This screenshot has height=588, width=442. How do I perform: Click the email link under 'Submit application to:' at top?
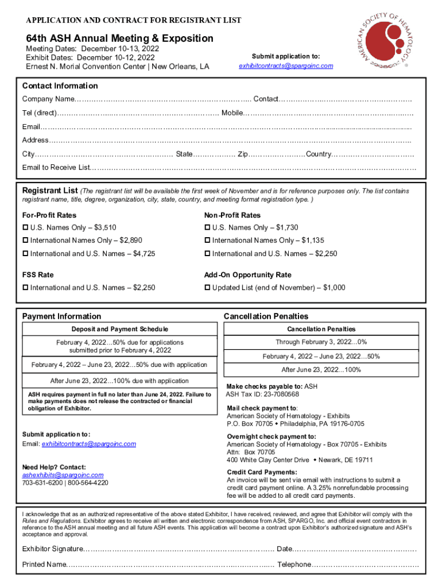click(x=285, y=66)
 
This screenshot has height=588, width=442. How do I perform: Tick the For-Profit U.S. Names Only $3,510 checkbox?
click(x=25, y=228)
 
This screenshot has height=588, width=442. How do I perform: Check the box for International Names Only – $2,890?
click(x=25, y=241)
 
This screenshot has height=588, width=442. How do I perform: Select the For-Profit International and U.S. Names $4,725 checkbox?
click(x=25, y=254)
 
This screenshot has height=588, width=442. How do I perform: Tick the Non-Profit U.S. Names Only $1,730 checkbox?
click(x=207, y=228)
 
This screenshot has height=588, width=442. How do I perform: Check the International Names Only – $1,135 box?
click(x=207, y=241)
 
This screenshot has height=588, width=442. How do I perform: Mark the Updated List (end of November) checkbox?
click(x=207, y=288)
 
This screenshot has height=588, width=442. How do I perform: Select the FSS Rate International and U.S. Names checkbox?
click(x=25, y=288)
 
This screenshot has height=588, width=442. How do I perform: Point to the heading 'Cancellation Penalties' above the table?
click(x=266, y=316)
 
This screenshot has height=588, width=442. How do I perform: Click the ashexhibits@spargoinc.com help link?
click(x=63, y=475)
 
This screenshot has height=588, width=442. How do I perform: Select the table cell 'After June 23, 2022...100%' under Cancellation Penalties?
click(x=321, y=370)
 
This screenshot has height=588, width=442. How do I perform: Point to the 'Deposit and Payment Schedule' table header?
click(x=119, y=329)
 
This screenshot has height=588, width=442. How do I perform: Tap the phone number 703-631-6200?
click(x=41, y=483)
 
